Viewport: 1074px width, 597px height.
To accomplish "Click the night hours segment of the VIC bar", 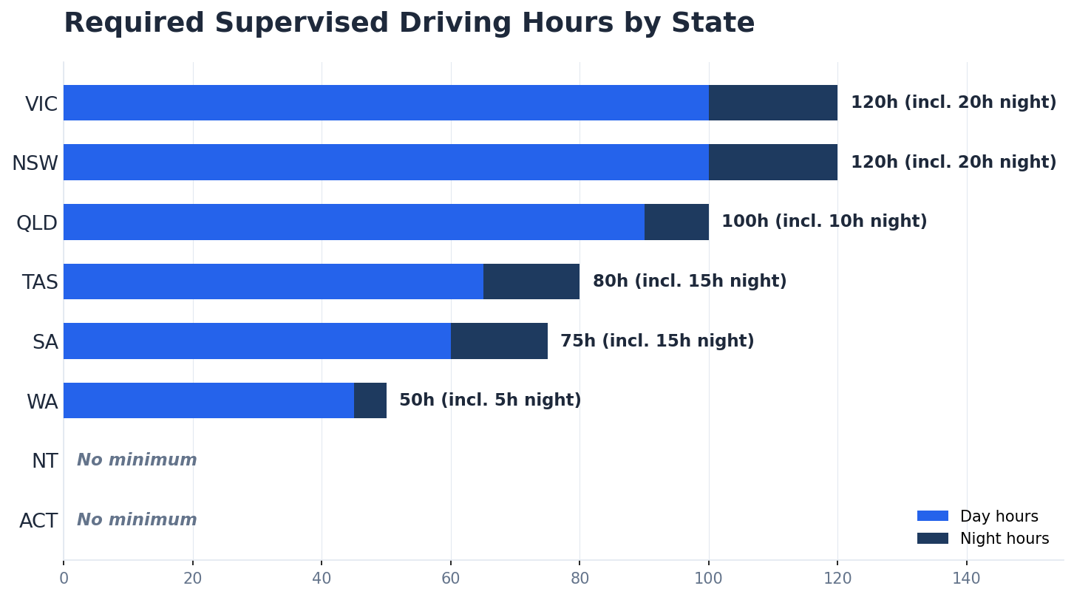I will (772, 103).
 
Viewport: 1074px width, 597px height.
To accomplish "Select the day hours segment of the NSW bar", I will (386, 163).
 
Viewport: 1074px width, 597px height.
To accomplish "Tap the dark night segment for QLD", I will (676, 222).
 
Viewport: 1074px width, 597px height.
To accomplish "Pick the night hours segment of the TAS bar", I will (531, 282).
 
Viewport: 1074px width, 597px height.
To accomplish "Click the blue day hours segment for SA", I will (257, 341).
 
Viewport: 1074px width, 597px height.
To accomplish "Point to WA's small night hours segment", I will (370, 400).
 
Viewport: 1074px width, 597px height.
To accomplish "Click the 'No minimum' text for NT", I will (137, 460).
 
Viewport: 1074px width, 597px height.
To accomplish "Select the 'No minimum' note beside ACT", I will (137, 520).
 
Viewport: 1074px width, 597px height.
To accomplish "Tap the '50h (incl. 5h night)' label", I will (490, 400).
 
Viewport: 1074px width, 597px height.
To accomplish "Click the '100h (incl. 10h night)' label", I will (824, 222).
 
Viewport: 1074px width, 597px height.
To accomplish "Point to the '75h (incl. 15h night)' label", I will (657, 341).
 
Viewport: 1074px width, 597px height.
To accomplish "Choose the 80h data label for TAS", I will (690, 282).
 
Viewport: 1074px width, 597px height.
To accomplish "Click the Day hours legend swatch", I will (932, 516).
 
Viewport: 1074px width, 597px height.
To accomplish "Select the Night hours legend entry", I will (983, 539).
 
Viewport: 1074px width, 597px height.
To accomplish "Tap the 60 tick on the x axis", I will (451, 579).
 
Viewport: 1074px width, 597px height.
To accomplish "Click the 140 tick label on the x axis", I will (966, 579).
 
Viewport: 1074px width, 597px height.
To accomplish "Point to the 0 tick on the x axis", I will (64, 579).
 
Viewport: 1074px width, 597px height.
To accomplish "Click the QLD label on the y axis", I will (37, 222).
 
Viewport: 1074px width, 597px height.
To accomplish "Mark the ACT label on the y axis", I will (38, 521).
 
